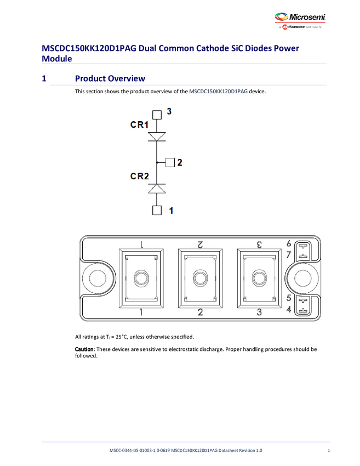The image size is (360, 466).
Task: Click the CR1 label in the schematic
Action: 139,124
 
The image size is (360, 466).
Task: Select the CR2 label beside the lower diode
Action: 139,176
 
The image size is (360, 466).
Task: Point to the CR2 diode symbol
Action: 157,188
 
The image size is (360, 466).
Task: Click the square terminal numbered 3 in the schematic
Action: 157,115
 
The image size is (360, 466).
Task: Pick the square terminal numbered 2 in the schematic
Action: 170,162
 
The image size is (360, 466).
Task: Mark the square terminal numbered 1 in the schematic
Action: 157,210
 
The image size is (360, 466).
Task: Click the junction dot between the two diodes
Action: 157,162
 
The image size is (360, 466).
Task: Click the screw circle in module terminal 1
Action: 141,278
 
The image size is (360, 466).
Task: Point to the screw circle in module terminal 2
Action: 200,278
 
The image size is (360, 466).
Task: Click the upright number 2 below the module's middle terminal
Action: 200,312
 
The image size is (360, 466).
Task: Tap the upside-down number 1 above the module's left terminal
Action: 141,244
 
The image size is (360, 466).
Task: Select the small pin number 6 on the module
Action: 289,243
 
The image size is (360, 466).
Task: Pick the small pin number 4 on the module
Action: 289,310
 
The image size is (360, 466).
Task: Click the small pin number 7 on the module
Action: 289,254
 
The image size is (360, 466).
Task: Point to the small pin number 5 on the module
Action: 289,299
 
